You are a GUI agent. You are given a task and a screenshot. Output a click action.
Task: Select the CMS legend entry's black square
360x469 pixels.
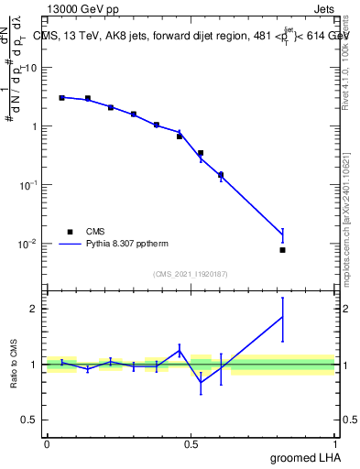[x=69, y=232]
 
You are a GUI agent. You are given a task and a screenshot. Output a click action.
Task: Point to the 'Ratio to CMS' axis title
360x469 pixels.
[x=14, y=364]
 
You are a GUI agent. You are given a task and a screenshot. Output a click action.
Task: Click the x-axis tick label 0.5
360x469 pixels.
[x=191, y=444]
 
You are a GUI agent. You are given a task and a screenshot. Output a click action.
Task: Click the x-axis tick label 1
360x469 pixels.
[x=335, y=444]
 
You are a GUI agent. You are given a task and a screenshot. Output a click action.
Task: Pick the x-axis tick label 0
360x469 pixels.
[x=47, y=444]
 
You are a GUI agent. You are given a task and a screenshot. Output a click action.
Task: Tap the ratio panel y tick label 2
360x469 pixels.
[x=34, y=309]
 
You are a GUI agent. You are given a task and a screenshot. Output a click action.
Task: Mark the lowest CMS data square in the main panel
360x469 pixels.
[x=283, y=250]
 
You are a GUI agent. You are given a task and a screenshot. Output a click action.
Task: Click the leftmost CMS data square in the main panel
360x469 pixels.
[x=61, y=97]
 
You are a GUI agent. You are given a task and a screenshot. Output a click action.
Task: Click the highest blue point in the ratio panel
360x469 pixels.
[x=283, y=317]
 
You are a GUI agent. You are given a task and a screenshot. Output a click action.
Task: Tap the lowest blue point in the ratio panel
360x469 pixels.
[x=201, y=382]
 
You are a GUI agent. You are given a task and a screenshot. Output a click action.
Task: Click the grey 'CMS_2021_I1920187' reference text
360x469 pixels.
[x=191, y=274]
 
